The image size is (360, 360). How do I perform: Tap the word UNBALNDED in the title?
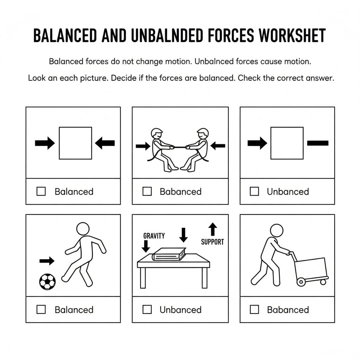(167, 36)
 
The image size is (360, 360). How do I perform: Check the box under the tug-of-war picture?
(147, 191)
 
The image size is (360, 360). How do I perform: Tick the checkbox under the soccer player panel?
(41, 309)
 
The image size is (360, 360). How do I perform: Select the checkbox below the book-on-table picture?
(147, 309)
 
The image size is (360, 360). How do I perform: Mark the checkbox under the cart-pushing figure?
(254, 309)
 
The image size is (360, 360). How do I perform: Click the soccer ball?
(47, 282)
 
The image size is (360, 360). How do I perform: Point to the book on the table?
(169, 255)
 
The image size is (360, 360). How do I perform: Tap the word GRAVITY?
(154, 236)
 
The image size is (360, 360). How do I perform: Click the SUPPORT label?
(212, 242)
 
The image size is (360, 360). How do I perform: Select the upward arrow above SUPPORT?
(213, 229)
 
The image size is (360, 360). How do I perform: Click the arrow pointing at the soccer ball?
(47, 261)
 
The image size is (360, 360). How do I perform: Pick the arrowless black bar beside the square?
(318, 143)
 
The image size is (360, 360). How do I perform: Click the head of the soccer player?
(83, 229)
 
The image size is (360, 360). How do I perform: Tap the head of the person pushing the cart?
(277, 230)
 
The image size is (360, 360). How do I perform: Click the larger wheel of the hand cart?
(301, 282)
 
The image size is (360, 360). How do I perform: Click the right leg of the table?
(205, 278)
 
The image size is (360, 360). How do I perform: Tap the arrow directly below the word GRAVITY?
(146, 246)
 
